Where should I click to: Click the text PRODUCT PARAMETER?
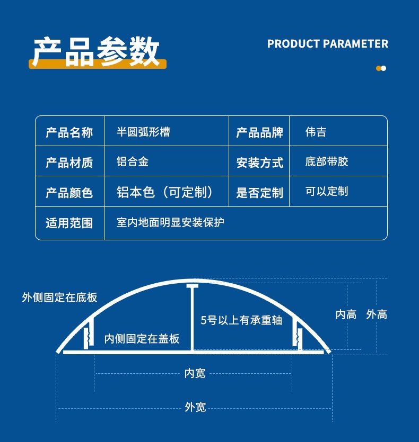pyautogui.click(x=328, y=44)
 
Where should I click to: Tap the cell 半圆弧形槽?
pyautogui.click(x=143, y=132)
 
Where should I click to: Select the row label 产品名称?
pyautogui.click(x=69, y=132)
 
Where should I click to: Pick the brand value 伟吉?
pyautogui.click(x=316, y=132)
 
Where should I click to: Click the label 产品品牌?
pyautogui.click(x=259, y=132)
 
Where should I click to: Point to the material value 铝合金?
pyautogui.click(x=133, y=161)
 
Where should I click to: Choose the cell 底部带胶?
pyautogui.click(x=327, y=161)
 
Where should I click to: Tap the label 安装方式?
pyautogui.click(x=259, y=163)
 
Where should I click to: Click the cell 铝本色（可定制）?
pyautogui.click(x=165, y=192)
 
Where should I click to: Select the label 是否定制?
pyautogui.click(x=259, y=193)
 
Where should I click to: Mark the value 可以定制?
pyautogui.click(x=327, y=192)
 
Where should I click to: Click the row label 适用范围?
pyautogui.click(x=69, y=223)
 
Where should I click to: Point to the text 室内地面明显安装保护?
pyautogui.click(x=170, y=222)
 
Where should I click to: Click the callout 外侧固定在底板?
pyautogui.click(x=60, y=297)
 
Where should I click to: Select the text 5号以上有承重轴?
pyautogui.click(x=241, y=320)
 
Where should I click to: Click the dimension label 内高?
pyautogui.click(x=346, y=314)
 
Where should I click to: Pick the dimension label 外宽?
pyautogui.click(x=195, y=408)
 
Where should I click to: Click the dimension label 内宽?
pyautogui.click(x=195, y=373)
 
